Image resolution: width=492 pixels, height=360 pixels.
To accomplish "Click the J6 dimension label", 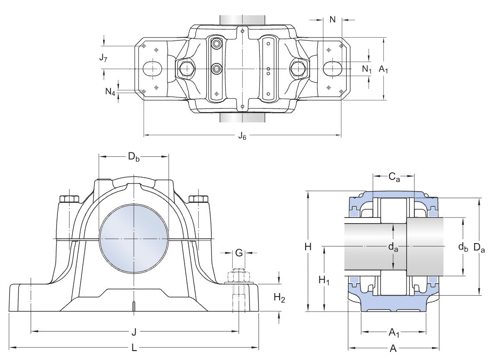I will click(x=242, y=136).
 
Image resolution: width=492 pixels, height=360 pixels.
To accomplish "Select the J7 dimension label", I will click(x=103, y=57).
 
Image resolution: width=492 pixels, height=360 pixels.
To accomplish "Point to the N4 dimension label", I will click(x=110, y=92).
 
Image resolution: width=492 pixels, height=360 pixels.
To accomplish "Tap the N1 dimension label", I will click(x=367, y=69).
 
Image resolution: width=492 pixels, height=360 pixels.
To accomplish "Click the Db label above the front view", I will click(x=134, y=156).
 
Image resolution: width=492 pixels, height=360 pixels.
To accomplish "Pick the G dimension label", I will click(x=239, y=253).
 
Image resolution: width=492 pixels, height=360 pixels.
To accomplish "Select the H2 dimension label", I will click(x=280, y=298).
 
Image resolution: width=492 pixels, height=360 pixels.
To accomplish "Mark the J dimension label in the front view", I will click(x=134, y=332).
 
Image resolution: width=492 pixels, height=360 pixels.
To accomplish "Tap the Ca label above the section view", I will click(x=394, y=177).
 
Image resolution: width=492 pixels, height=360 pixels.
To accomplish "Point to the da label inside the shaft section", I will click(x=393, y=247).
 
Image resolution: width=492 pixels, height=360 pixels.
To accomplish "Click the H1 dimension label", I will click(x=324, y=280).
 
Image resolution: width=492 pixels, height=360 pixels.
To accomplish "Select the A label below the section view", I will click(x=393, y=348).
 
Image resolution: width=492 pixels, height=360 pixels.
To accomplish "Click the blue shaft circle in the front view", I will click(x=134, y=238).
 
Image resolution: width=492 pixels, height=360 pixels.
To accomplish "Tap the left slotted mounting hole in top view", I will click(x=152, y=69).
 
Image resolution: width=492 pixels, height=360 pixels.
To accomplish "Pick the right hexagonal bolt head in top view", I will click(x=298, y=69).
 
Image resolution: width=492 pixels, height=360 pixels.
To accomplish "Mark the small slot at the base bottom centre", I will click(x=134, y=306).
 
